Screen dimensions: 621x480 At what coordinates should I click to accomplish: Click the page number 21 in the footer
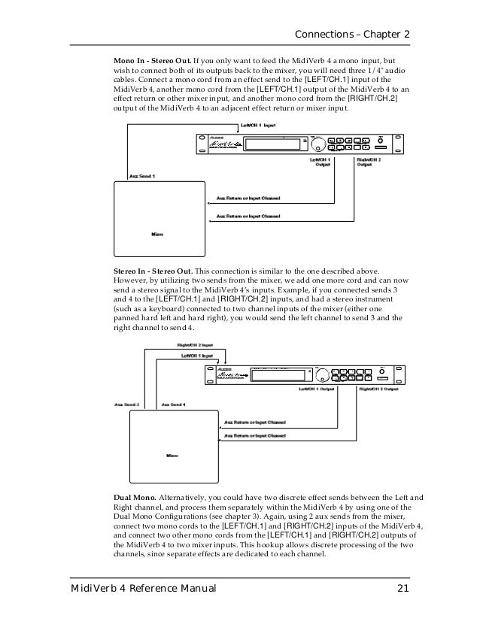click(x=404, y=588)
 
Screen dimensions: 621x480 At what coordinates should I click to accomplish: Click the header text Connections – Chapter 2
click(x=353, y=35)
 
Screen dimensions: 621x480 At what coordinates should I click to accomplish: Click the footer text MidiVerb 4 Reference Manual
click(x=144, y=588)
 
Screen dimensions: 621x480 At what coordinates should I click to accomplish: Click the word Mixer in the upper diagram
click(x=157, y=233)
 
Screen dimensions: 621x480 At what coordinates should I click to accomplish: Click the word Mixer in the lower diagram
click(x=172, y=456)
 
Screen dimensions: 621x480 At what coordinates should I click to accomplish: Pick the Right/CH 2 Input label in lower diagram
click(x=184, y=345)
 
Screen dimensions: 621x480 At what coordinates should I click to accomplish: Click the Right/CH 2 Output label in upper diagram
click(x=369, y=162)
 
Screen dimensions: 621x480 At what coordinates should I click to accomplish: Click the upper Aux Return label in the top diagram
click(x=248, y=198)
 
